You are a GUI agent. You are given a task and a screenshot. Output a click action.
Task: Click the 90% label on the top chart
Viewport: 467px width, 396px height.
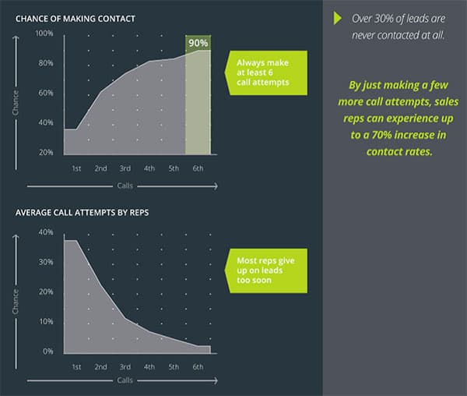point(198,43)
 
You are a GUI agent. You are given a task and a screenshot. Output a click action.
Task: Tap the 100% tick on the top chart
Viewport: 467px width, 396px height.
point(44,33)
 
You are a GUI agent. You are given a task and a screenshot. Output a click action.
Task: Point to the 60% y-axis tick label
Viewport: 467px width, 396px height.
point(46,93)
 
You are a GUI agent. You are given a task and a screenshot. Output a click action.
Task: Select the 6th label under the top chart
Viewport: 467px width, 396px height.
point(198,168)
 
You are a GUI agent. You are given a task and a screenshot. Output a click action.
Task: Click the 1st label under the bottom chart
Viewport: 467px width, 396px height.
point(76,367)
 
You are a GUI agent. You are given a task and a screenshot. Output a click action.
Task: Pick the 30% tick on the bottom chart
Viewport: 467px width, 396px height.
point(46,262)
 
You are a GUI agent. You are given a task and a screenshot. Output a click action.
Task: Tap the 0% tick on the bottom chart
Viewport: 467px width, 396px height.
point(48,352)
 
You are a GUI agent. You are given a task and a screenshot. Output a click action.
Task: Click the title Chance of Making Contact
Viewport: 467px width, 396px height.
point(75,19)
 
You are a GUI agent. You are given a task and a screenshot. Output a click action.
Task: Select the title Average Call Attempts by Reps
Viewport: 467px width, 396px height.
point(83,213)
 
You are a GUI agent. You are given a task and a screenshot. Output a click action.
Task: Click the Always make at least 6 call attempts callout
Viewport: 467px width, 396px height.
point(265,72)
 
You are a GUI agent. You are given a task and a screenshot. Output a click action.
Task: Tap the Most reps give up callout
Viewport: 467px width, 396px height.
point(265,270)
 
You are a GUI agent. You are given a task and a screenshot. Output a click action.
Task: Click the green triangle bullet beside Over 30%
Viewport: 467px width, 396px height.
point(338,18)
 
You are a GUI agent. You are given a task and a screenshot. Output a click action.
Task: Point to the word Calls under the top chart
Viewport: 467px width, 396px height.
point(125,186)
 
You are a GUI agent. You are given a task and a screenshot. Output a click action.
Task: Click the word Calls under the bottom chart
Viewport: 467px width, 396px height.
point(125,380)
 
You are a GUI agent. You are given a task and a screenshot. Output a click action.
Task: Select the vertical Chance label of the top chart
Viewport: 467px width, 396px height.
point(16,103)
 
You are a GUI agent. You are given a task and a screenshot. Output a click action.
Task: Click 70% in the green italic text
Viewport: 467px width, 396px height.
point(381,135)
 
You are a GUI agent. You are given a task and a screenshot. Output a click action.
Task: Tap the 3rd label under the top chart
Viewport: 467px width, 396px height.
point(125,168)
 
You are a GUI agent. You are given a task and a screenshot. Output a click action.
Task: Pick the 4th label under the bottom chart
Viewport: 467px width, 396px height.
point(149,367)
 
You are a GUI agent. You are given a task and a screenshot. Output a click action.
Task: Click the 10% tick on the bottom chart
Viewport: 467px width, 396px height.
point(46,321)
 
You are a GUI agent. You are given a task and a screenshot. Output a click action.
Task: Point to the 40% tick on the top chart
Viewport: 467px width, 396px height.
point(46,122)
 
